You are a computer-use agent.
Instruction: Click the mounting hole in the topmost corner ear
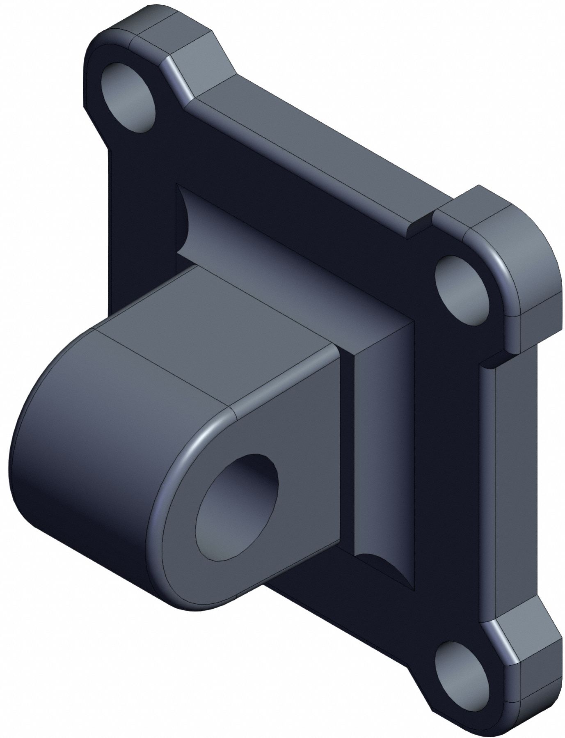pos(128,97)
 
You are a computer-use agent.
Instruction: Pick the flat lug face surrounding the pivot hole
pos(287,431)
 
